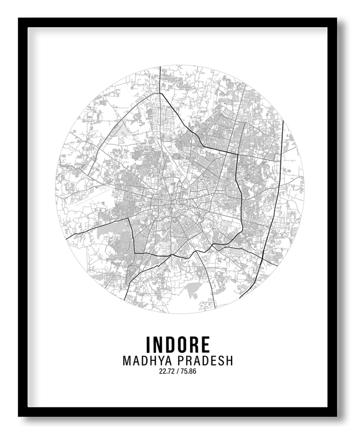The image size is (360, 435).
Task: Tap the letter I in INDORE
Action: pos(149,344)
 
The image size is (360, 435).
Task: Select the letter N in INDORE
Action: pos(158,344)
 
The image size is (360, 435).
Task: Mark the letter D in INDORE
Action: pos(171,344)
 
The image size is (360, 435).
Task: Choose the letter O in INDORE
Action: pos(184,344)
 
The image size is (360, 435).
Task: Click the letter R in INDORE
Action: pos(196,344)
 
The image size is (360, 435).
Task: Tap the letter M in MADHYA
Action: pos(127,361)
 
